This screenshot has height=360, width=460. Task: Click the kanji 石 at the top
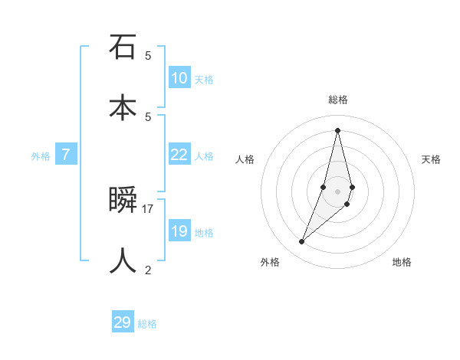pyautogui.click(x=123, y=47)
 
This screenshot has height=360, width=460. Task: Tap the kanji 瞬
pyautogui.click(x=123, y=200)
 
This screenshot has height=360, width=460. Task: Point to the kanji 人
pyautogui.click(x=123, y=260)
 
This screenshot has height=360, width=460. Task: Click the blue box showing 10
pyautogui.click(x=179, y=78)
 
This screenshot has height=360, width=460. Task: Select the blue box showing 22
pyautogui.click(x=179, y=155)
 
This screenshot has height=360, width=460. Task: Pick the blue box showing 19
pyautogui.click(x=179, y=231)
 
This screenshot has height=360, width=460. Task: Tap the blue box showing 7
pyautogui.click(x=66, y=155)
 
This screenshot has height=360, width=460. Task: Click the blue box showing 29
pyautogui.click(x=123, y=322)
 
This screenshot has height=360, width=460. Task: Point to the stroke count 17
pyautogui.click(x=148, y=208)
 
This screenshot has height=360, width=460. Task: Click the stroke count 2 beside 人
pyautogui.click(x=148, y=270)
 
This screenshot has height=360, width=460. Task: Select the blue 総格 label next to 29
pyautogui.click(x=147, y=324)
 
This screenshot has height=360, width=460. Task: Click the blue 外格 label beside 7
pyautogui.click(x=41, y=156)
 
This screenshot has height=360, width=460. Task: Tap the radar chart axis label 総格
pyautogui.click(x=338, y=100)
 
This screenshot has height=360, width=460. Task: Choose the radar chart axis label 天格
pyautogui.click(x=432, y=159)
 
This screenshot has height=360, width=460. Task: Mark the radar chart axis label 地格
pyautogui.click(x=402, y=262)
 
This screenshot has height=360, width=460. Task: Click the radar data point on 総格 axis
pyautogui.click(x=337, y=130)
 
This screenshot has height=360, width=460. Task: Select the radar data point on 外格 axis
pyautogui.click(x=301, y=242)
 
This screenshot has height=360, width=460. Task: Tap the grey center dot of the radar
pyautogui.click(x=337, y=191)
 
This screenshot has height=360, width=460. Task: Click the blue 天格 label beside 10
pyautogui.click(x=204, y=80)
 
